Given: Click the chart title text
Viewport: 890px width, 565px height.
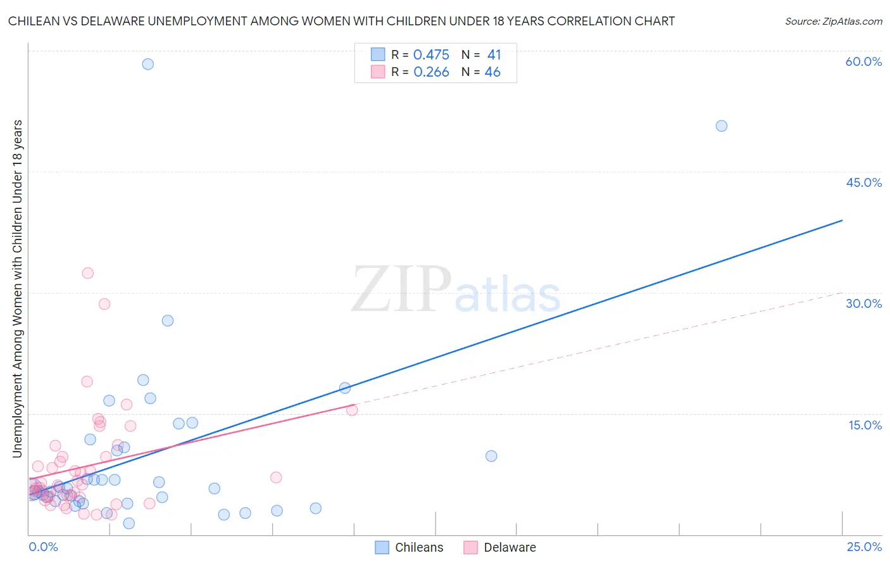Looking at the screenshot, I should (341, 21).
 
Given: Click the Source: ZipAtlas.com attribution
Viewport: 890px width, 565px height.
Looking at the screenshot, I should (833, 21).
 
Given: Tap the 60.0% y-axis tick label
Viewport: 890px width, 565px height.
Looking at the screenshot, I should (863, 61).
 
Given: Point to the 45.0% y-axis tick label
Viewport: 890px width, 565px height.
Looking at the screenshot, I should (863, 182).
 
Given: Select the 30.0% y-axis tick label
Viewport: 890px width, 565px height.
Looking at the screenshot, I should (863, 303).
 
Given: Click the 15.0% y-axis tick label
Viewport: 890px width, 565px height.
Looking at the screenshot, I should (865, 425).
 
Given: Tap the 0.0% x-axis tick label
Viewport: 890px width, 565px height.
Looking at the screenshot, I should (43, 547).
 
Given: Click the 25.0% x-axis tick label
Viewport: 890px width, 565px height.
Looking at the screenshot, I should (864, 547).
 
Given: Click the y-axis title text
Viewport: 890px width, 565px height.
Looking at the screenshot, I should (17, 288).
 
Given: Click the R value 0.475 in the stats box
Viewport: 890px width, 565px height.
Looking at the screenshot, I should (431, 55).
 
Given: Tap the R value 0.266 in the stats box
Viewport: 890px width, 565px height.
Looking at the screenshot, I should (431, 72).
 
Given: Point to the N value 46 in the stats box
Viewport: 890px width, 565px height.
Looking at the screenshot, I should (492, 72).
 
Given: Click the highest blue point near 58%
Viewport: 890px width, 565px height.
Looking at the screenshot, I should (147, 64).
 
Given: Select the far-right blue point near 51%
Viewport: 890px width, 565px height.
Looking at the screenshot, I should (721, 126).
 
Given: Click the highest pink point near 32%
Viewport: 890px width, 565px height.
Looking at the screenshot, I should (88, 273).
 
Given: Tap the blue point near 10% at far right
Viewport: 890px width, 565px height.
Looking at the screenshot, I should (491, 456).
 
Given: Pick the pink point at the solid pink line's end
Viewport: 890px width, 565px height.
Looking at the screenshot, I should (352, 410).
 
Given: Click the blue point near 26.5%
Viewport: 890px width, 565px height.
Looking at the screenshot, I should (168, 321).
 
